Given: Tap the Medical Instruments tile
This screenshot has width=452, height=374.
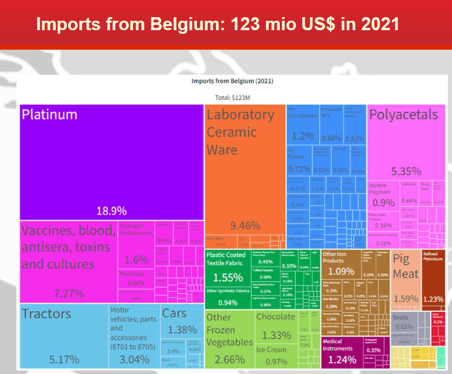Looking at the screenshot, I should tap(339, 353).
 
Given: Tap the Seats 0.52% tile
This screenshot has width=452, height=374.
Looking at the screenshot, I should tap(404, 323).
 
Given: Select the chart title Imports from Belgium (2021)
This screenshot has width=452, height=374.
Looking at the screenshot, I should tap(231, 80).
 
